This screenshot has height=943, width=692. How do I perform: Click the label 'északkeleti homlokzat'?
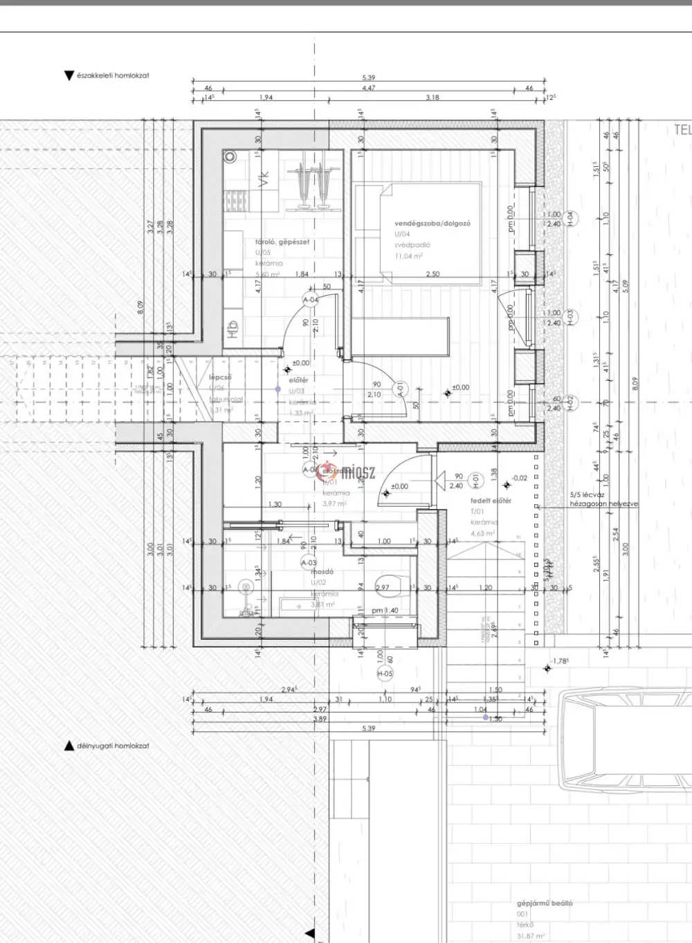pyautogui.click(x=113, y=75)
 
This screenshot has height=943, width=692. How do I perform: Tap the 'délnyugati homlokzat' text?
pyautogui.click(x=113, y=746)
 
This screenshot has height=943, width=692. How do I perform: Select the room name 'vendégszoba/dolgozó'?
pyautogui.click(x=432, y=224)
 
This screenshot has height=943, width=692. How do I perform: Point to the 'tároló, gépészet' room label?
pyautogui.click(x=282, y=242)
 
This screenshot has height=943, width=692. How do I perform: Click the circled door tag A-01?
pyautogui.click(x=399, y=389)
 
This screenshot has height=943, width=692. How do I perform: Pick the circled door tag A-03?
pyautogui.click(x=309, y=563)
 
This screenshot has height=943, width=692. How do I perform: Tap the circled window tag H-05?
pyautogui.click(x=385, y=674)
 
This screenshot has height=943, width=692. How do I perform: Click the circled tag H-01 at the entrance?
pyautogui.click(x=475, y=478)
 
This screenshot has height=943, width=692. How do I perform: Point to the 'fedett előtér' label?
pyautogui.click(x=491, y=501)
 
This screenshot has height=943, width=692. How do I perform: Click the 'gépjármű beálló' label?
pyautogui.click(x=545, y=904)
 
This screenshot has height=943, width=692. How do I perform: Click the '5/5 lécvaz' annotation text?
pyautogui.click(x=588, y=495)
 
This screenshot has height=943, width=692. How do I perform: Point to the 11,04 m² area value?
pyautogui.click(x=408, y=256)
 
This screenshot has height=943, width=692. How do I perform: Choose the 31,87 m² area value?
pyautogui.click(x=531, y=936)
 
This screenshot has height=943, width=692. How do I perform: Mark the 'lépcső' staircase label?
pyautogui.click(x=220, y=378)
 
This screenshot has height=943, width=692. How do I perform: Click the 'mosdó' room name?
pyautogui.click(x=322, y=572)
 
